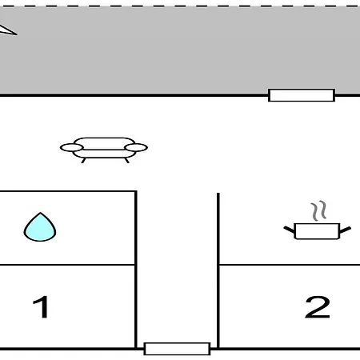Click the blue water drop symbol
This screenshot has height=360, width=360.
(40, 227)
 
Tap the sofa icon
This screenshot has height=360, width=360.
(104, 150)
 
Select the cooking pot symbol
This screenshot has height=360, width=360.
(317, 231)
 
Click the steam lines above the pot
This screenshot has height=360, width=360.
(318, 210)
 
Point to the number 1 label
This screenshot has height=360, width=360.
(41, 306)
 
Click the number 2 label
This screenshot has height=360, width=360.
(318, 307)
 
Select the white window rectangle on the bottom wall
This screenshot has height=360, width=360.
(177, 349)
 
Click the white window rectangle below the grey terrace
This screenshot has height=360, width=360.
(302, 95)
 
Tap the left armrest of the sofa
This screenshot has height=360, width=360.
(72, 147)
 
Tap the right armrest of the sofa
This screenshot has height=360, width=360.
(136, 147)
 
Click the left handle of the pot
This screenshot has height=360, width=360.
(289, 230)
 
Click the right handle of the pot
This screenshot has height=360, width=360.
(346, 230)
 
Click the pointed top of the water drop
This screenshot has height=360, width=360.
(40, 213)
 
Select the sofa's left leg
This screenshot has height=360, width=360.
(83, 160)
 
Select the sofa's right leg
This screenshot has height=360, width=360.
(127, 160)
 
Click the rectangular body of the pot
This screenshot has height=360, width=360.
(317, 231)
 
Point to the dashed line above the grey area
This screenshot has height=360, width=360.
(180, 6)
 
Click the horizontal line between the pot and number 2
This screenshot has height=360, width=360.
(290, 265)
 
